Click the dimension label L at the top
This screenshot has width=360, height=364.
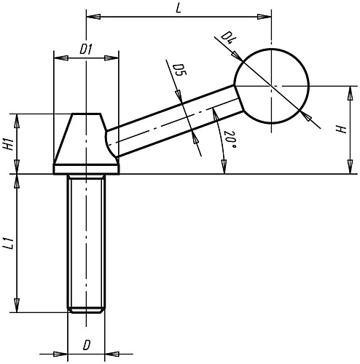click(179, 9)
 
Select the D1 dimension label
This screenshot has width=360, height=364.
click(86, 50)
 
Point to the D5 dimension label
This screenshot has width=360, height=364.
click(179, 70)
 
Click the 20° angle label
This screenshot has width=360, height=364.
click(230, 140)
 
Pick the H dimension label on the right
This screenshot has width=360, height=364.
click(340, 130)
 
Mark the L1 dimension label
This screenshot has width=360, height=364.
click(9, 244)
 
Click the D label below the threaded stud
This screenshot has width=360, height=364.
click(87, 345)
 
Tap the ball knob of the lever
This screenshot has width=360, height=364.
click(272, 86)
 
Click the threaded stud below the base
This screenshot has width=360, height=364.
click(86, 243)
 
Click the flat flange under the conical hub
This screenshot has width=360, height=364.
click(86, 170)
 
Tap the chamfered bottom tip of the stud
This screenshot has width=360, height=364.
click(86, 311)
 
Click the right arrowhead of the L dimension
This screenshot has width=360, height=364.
click(265, 17)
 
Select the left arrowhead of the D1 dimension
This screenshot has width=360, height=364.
click(60, 58)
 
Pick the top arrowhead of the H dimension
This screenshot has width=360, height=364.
click(350, 93)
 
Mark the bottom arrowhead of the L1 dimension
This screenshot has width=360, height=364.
click(17, 306)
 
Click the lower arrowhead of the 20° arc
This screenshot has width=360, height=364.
click(224, 167)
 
